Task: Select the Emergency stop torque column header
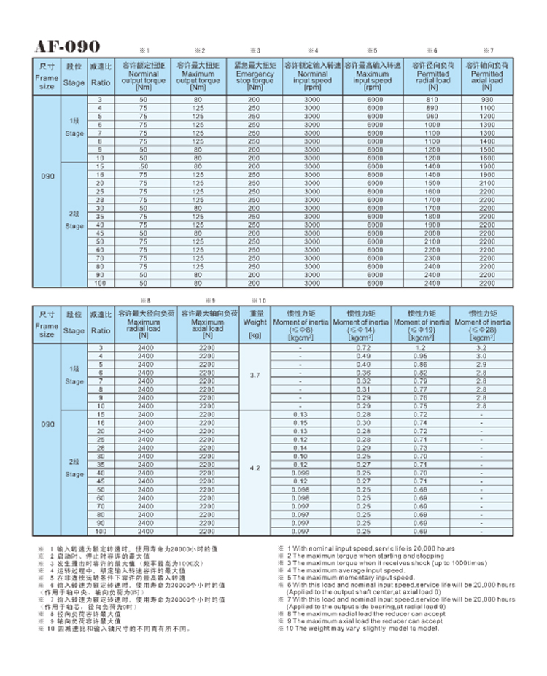[x=255, y=76]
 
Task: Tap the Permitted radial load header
[x=433, y=76]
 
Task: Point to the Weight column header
[x=255, y=324]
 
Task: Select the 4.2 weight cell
[x=255, y=467]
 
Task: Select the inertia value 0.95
[x=421, y=355]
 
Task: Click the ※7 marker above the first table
[x=486, y=50]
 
